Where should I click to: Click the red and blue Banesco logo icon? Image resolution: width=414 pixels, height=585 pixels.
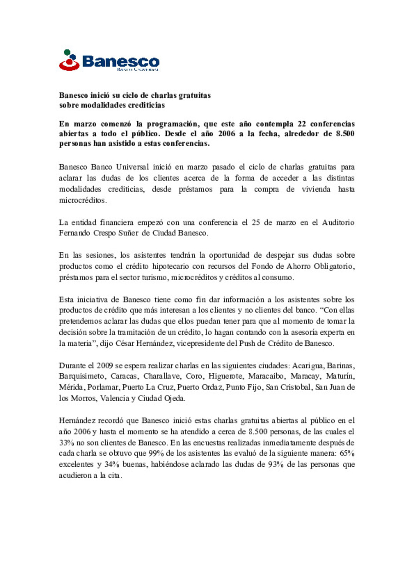(69, 60)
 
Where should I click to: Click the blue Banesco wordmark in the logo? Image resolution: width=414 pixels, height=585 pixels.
(120, 61)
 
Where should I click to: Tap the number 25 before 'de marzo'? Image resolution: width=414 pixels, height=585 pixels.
(256, 222)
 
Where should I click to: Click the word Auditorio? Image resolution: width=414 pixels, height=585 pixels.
(338, 222)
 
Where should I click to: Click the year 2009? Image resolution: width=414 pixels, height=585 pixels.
(105, 366)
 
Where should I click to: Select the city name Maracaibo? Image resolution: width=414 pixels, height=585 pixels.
(266, 376)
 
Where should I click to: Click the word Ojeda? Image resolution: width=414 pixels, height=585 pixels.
(174, 399)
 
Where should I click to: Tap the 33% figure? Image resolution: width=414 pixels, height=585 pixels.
(66, 443)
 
